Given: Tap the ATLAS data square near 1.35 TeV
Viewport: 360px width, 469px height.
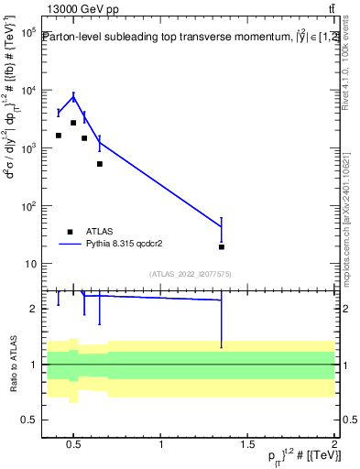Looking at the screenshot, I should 222,246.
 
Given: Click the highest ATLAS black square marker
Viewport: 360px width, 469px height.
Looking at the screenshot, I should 73,123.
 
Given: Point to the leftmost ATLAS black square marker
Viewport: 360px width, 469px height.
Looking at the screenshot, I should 59,136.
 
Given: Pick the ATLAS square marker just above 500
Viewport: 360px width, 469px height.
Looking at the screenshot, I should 100,164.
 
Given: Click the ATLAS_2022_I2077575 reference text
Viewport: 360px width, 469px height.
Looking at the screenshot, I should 189,273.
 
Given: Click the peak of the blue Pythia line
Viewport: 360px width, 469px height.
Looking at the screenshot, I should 73,97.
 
